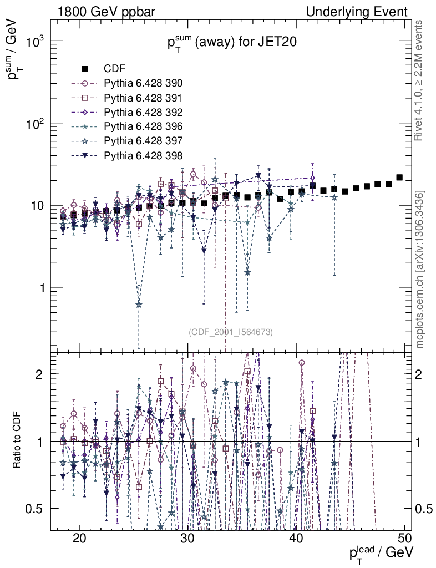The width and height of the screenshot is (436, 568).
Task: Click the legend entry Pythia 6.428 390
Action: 143,84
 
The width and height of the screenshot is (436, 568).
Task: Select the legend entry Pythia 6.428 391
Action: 143,98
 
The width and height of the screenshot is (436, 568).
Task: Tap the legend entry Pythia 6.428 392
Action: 143,112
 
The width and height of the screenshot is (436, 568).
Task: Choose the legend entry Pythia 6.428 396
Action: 143,126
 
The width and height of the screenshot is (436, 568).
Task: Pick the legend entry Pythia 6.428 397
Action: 143,140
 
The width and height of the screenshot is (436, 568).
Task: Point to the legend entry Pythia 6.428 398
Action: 143,155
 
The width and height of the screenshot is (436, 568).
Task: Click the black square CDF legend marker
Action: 85,69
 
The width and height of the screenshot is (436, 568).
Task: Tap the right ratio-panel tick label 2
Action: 422,374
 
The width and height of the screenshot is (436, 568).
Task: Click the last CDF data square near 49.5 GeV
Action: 399,177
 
